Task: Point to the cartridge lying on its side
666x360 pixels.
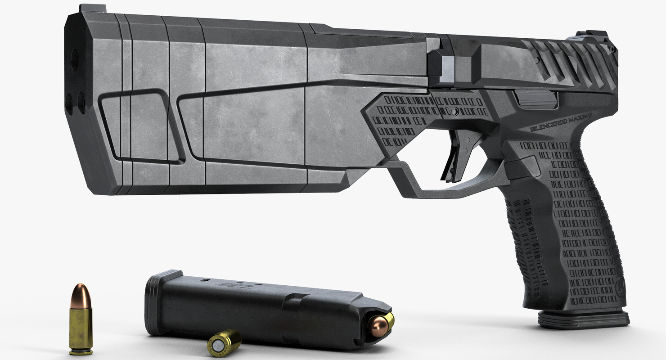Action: coord(224,342)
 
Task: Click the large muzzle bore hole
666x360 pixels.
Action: coord(74,59)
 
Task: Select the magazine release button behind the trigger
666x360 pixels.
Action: coord(522,168)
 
